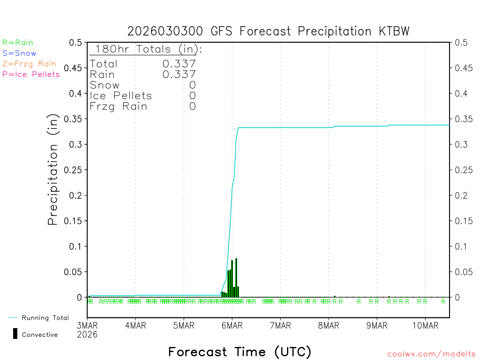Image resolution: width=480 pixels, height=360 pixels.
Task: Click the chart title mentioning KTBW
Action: (269, 31)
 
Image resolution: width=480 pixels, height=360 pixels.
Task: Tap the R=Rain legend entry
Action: (18, 43)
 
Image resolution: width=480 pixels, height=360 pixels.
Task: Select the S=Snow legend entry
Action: (19, 53)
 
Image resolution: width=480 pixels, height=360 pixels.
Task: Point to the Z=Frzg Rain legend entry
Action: (29, 64)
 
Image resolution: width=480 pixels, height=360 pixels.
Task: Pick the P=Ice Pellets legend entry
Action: (31, 74)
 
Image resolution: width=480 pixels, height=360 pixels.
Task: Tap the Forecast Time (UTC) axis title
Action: (240, 352)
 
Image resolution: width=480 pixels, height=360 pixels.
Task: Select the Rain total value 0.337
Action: (179, 75)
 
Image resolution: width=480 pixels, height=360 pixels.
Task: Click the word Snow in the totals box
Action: (105, 85)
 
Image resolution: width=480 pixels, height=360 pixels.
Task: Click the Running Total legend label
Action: (45, 318)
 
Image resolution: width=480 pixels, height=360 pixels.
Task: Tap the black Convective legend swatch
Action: (15, 334)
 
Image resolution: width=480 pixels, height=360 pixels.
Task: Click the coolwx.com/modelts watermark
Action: (431, 354)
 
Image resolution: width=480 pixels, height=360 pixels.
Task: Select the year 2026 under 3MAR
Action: (87, 334)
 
